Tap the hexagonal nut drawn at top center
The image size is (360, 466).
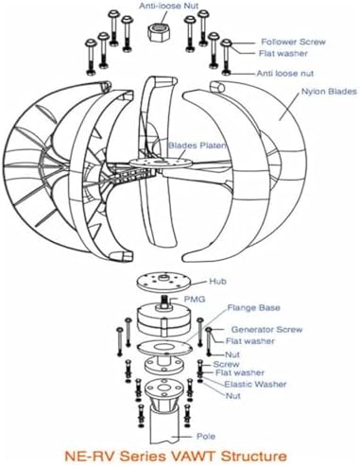[157, 26]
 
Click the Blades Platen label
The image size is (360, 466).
[196, 146]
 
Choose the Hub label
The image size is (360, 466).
[219, 281]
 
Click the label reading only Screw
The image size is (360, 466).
[226, 363]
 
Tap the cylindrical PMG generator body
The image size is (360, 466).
[158, 317]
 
